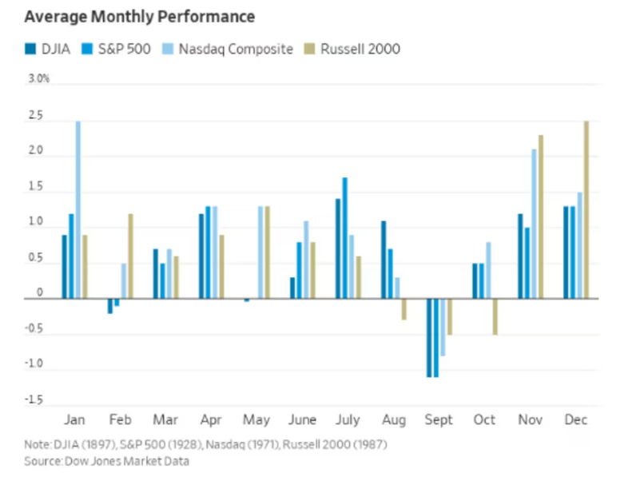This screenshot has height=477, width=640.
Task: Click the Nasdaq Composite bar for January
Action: pyautogui.click(x=78, y=210)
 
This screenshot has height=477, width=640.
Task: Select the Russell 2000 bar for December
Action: pyautogui.click(x=586, y=210)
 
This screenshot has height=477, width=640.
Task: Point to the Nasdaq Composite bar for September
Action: pyautogui.click(x=443, y=327)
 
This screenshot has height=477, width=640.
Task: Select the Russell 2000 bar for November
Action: pyautogui.click(x=541, y=217)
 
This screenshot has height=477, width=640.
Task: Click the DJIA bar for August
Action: pyautogui.click(x=384, y=260)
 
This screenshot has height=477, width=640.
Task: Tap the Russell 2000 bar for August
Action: pyautogui.click(x=404, y=309)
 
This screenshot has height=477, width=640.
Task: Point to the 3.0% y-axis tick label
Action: pyautogui.click(x=39, y=79)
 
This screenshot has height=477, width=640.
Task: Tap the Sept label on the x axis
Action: pyautogui.click(x=438, y=420)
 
